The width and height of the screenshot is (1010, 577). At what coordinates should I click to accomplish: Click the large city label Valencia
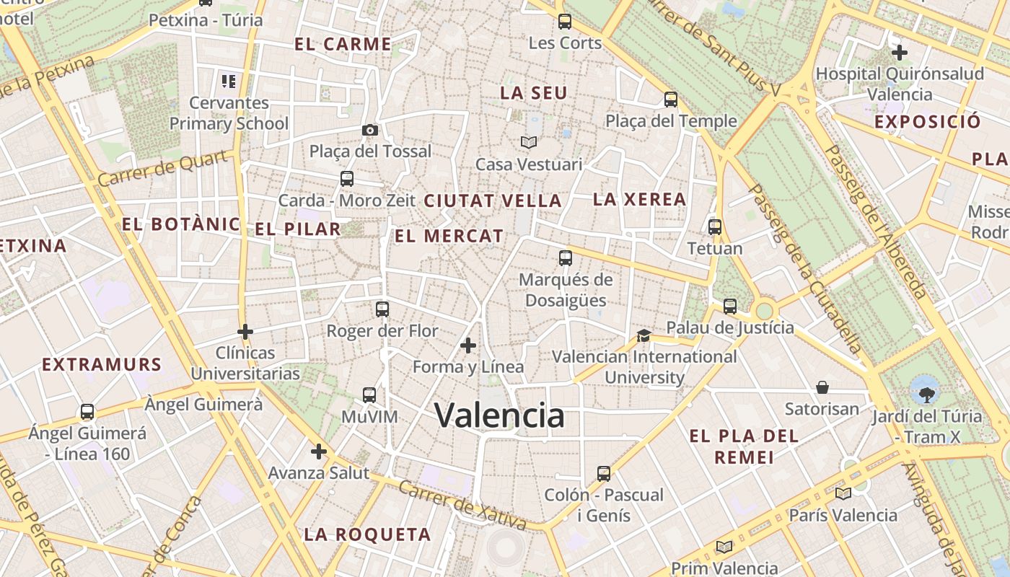(499, 415)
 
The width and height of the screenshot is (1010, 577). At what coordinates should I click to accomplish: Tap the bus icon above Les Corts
(565, 22)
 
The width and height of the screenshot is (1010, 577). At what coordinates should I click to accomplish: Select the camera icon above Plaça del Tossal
(369, 130)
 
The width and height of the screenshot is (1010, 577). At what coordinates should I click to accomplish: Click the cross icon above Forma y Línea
(468, 346)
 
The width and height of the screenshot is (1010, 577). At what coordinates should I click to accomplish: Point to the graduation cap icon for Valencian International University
(644, 336)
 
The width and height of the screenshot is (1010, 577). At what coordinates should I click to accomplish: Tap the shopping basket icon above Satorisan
(822, 388)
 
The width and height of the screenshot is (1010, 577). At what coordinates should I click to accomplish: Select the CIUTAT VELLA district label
(493, 201)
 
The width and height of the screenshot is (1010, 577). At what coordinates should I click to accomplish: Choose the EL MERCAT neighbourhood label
(449, 236)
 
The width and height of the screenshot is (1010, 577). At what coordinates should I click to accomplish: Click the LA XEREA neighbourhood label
(639, 200)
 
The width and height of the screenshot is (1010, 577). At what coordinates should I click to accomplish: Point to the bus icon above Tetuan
(715, 227)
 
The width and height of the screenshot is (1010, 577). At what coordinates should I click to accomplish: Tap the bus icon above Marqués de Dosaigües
(566, 258)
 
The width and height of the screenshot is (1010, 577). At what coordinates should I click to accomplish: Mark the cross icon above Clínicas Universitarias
(245, 332)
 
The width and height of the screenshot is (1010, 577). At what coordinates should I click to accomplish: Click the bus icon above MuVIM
(369, 395)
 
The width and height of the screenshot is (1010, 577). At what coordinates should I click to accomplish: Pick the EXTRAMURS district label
(102, 364)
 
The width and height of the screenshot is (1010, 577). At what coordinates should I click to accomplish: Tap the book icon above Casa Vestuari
(529, 143)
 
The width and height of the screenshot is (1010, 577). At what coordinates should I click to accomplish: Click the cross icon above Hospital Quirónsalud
(900, 53)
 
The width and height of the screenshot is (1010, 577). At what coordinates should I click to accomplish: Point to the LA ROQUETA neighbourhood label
(367, 534)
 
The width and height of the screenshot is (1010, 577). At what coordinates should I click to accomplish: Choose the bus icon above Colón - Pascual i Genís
(604, 474)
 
